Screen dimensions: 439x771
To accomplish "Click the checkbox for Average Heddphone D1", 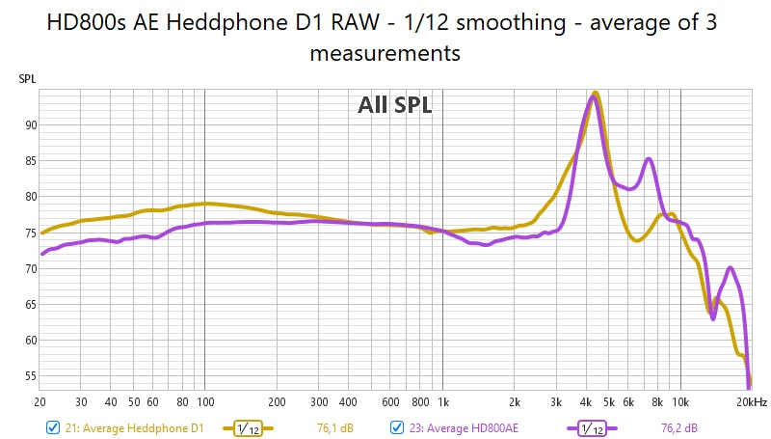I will [52, 427].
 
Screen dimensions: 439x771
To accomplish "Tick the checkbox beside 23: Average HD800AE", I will [397, 427].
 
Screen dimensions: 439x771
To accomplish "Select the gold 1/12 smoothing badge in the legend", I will [249, 427].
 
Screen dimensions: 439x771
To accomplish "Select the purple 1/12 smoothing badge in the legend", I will [590, 427].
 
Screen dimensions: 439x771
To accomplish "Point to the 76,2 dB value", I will [679, 427].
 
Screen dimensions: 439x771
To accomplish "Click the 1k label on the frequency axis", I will [443, 401].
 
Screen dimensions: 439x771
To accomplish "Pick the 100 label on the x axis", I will [205, 401].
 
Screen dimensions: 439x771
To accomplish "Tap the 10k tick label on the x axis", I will [680, 401].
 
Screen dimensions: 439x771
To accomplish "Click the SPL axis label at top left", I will [27, 79].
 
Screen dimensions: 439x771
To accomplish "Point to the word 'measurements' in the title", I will [385, 53].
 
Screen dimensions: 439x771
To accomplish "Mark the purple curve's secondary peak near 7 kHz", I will [650, 159].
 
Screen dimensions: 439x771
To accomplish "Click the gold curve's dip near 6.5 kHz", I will [637, 240].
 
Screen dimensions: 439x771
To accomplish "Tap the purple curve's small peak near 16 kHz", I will [731, 268].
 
